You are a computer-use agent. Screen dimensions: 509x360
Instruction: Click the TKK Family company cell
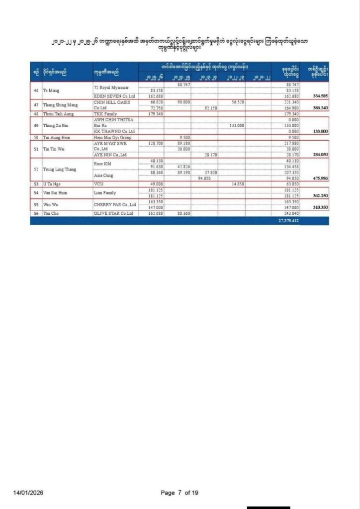104,114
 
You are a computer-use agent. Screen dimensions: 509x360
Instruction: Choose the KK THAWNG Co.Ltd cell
114,131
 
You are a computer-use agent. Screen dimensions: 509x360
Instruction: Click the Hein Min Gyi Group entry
113,136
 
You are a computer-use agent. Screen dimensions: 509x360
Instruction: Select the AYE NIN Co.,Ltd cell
109,155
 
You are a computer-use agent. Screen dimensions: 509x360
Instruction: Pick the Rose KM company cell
102,164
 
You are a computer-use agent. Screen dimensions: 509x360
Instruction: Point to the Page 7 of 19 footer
180,493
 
